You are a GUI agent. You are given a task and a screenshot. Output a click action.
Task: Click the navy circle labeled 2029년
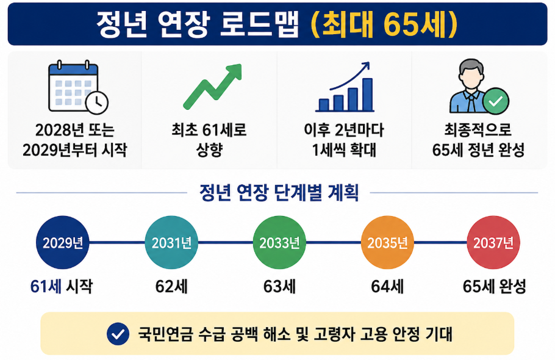pyautogui.click(x=63, y=242)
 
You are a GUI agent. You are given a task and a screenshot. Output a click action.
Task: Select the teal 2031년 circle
pyautogui.click(x=171, y=242)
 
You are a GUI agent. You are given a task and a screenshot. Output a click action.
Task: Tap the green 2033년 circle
pyautogui.click(x=279, y=242)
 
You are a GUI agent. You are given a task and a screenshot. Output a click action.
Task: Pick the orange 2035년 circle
pyautogui.click(x=387, y=242)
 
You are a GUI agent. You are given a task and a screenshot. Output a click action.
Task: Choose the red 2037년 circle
pyautogui.click(x=493, y=242)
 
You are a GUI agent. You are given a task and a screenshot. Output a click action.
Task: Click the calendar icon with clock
pyautogui.click(x=78, y=87)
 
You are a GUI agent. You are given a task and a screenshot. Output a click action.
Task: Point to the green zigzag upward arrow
pyautogui.click(x=212, y=86)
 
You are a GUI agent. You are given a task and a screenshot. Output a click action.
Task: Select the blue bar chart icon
pyautogui.click(x=345, y=87)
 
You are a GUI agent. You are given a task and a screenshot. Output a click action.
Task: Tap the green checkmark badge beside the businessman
pyautogui.click(x=495, y=101)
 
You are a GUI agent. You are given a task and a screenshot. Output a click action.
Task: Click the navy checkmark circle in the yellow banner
pyautogui.click(x=118, y=334)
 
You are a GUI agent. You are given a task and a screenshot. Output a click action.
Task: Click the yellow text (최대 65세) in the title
pyautogui.click(x=384, y=24)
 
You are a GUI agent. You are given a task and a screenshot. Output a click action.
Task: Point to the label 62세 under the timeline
pyautogui.click(x=171, y=286)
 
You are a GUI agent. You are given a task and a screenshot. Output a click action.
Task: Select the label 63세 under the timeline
pyautogui.click(x=279, y=286)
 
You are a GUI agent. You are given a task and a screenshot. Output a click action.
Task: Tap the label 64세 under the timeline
pyautogui.click(x=387, y=286)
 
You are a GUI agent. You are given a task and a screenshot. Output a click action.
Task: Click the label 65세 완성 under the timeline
pyautogui.click(x=494, y=286)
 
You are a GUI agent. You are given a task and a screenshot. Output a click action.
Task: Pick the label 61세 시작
pyautogui.click(x=62, y=286)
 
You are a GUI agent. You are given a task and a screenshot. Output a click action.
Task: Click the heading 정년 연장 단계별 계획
pyautogui.click(x=279, y=193)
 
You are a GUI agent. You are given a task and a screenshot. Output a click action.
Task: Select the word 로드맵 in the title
pyautogui.click(x=259, y=24)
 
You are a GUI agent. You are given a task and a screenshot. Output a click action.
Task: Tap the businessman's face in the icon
pyautogui.click(x=471, y=76)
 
